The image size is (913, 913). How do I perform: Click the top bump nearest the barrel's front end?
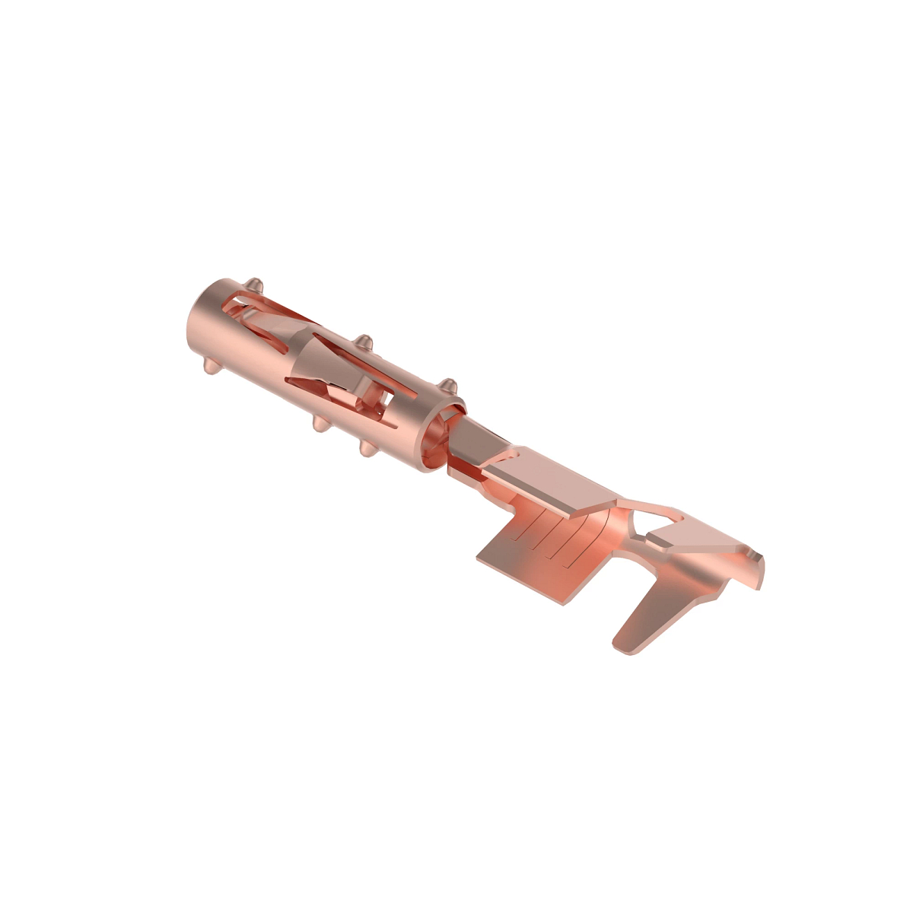tap(256, 286)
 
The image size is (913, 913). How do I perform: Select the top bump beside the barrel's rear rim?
tap(448, 385)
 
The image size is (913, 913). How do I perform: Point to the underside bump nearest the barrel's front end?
tap(210, 366)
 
